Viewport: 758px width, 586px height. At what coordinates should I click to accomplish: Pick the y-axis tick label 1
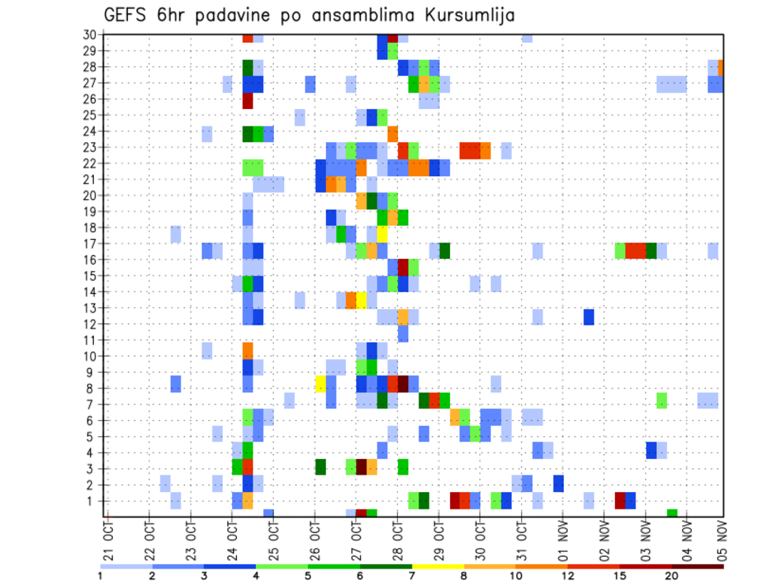92,501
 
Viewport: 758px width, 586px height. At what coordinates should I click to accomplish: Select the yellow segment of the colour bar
438,566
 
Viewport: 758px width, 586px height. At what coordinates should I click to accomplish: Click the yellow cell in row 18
382,234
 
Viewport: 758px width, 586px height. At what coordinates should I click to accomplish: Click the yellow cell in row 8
321,385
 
